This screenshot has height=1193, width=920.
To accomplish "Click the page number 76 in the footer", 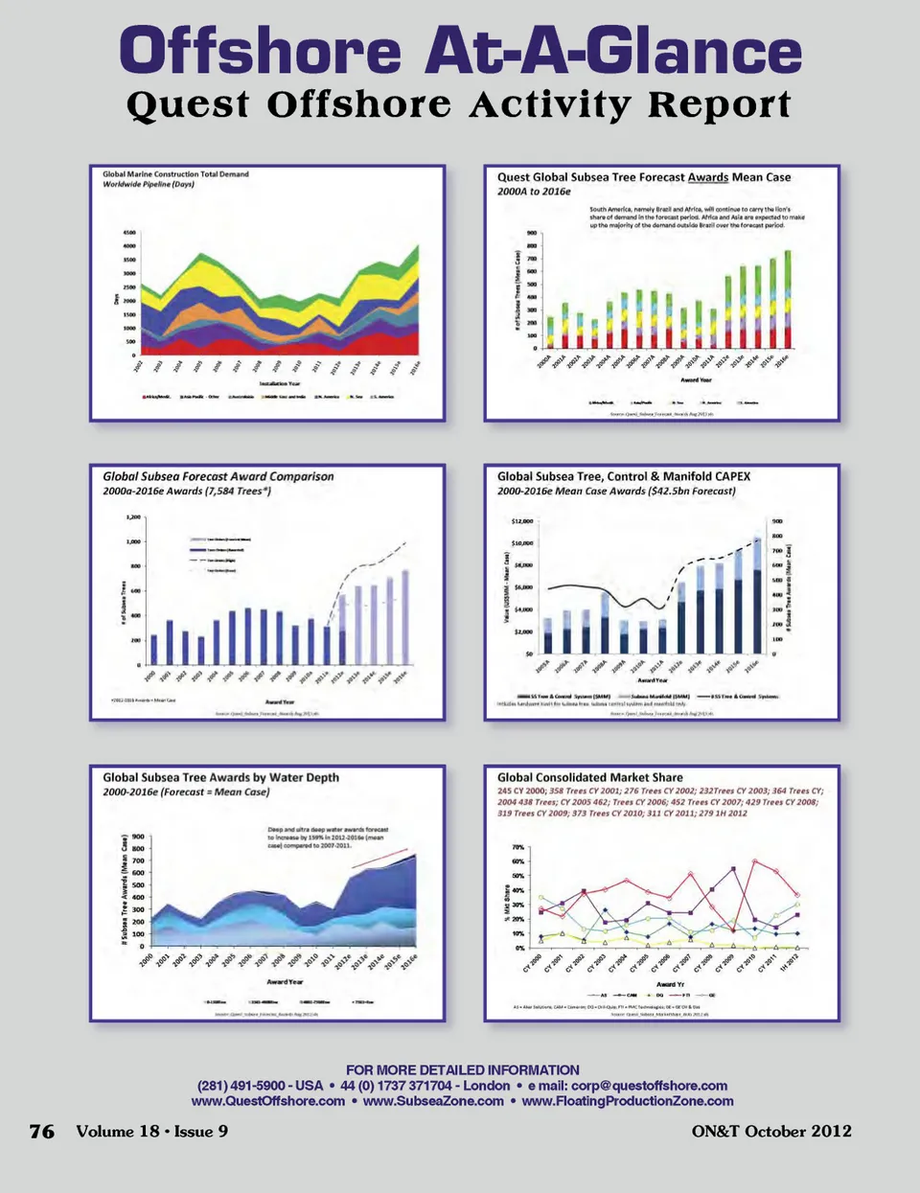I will click(x=42, y=1132).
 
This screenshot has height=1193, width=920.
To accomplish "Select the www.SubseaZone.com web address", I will click(x=433, y=1101).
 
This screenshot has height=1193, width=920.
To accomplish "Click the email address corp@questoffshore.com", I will click(x=649, y=1086).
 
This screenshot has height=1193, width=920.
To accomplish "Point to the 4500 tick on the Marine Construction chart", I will click(x=128, y=233).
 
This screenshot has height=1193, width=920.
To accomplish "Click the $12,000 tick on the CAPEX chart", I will click(x=522, y=521).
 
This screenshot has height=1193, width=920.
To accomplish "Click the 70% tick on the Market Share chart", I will click(x=517, y=848).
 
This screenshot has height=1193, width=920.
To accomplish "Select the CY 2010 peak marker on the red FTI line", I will click(x=754, y=861).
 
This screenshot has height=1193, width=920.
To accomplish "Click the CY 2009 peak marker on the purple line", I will click(x=733, y=869).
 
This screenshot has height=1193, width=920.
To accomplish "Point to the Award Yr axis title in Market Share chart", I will click(x=670, y=984).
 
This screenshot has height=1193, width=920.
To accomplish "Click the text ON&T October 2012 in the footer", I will click(x=771, y=1132).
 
